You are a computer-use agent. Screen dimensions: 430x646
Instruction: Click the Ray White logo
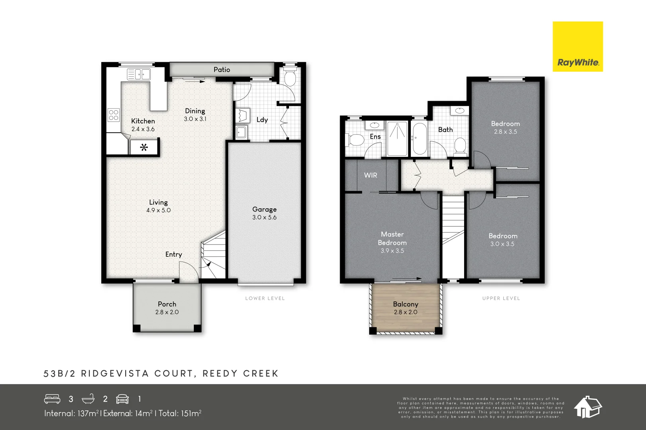point(577,47)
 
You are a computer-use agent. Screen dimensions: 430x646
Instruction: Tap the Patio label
point(222,70)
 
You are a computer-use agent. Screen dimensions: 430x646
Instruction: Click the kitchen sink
point(139,74)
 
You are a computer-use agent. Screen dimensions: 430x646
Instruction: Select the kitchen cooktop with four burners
point(114,115)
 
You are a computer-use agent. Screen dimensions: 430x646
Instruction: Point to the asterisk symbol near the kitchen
point(144,147)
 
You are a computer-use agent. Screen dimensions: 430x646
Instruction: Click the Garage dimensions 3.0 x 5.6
point(264,217)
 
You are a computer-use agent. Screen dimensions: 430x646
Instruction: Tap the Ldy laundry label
point(262,120)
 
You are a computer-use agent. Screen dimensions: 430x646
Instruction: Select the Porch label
point(167,304)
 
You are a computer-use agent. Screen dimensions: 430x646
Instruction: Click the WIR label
point(370,175)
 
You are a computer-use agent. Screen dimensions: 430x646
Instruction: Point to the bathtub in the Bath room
point(419,139)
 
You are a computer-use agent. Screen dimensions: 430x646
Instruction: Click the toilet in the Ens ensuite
point(355,140)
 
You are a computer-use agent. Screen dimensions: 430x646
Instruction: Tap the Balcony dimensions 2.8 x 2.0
point(406,312)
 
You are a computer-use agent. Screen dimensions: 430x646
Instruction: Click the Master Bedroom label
point(392,238)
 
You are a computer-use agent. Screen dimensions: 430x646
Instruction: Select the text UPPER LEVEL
point(501,298)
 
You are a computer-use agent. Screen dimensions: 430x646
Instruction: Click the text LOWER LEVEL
point(265,298)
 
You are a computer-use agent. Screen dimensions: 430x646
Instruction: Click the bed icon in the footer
point(52,399)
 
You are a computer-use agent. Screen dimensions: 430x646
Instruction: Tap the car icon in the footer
point(122,399)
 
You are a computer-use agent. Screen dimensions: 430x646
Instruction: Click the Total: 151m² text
point(180,413)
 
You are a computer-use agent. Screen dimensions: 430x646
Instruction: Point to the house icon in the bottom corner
point(587,407)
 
